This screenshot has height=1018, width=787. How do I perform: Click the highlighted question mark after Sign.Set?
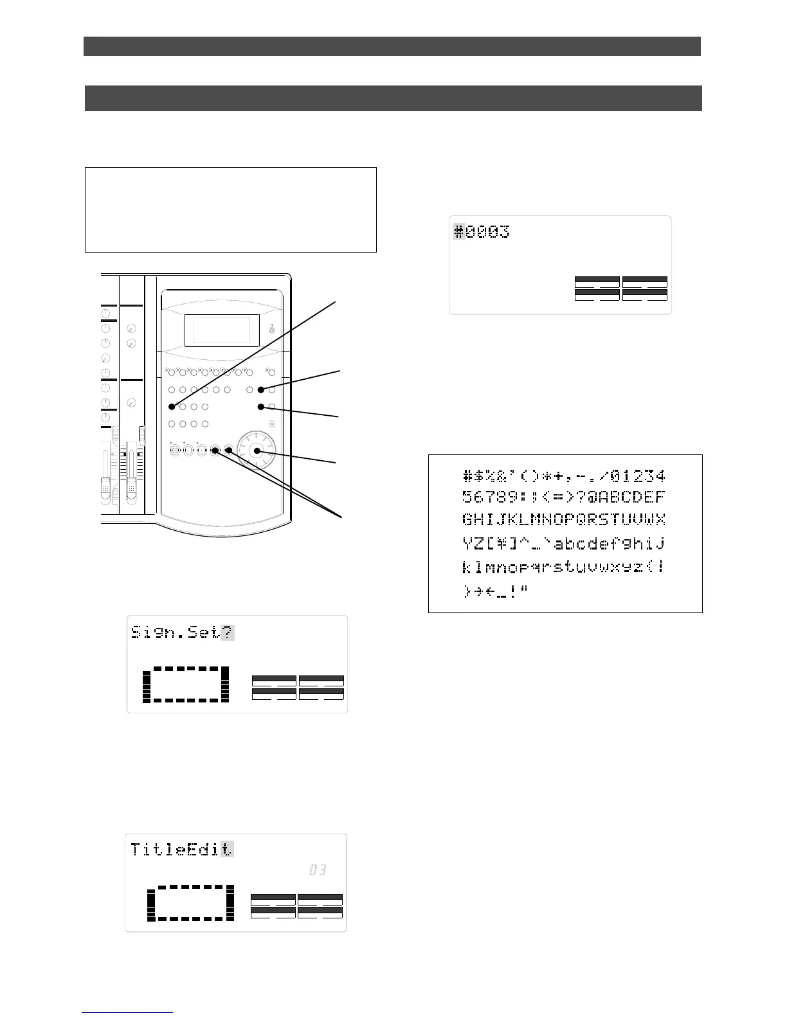tap(228, 632)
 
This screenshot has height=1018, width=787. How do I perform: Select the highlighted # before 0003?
tap(459, 231)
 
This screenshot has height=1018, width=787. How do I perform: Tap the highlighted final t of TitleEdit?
tap(227, 849)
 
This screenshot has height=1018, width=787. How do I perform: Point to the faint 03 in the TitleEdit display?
tap(318, 870)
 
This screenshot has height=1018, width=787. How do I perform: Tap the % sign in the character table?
tap(492, 476)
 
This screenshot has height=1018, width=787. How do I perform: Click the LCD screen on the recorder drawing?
tap(222, 330)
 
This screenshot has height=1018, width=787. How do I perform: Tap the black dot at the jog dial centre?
tap(257, 451)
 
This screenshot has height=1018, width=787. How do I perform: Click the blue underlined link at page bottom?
tap(127, 1012)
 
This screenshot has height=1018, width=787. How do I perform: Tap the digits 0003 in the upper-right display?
tap(488, 231)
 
